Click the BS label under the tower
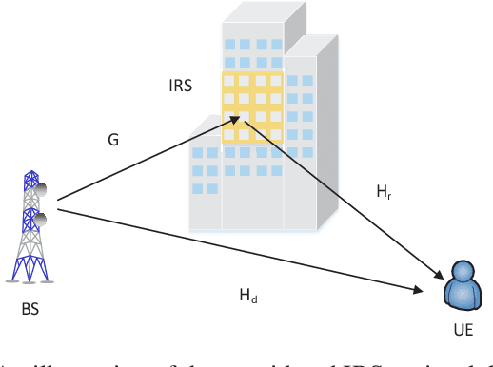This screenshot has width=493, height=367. tap(30, 310)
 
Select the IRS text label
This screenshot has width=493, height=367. tap(181, 86)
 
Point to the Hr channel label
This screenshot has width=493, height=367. tap(383, 192)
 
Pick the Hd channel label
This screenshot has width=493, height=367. tap(247, 298)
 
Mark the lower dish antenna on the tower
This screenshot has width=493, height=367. tap(40, 220)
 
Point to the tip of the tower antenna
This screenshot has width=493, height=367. tap(30, 173)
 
